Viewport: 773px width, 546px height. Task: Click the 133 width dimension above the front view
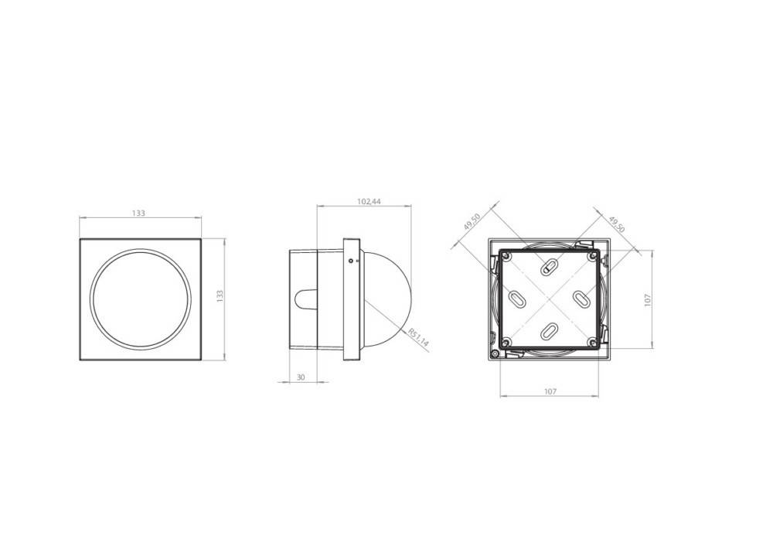click(x=139, y=213)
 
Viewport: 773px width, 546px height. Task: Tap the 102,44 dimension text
click(x=369, y=202)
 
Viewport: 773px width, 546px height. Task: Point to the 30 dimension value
click(x=300, y=377)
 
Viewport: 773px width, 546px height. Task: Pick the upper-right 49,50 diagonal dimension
click(x=616, y=224)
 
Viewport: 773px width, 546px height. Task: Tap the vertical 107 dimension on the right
click(x=648, y=299)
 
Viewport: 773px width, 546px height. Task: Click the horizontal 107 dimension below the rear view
click(x=550, y=392)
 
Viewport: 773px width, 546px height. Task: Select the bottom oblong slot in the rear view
click(x=548, y=331)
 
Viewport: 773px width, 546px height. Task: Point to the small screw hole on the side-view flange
click(x=351, y=261)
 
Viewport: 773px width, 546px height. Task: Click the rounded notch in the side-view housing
click(x=305, y=299)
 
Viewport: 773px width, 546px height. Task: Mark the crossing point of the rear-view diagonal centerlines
click(x=548, y=299)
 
